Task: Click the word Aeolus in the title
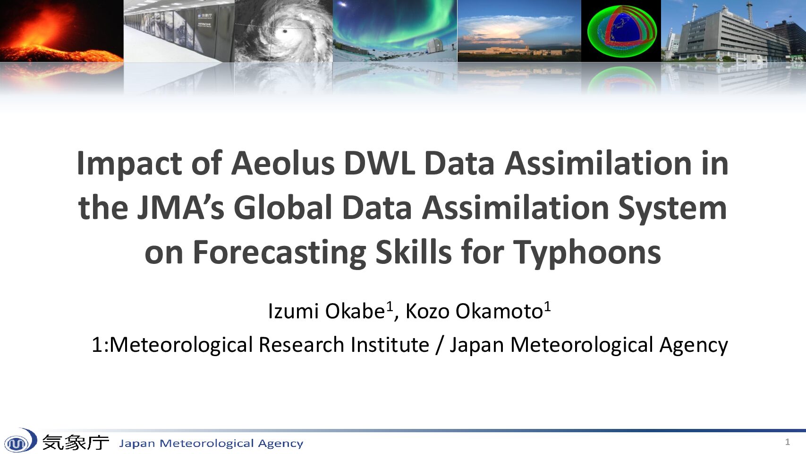tap(283, 164)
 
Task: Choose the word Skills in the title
tap(414, 252)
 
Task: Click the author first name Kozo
tap(427, 311)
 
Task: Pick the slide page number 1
tap(787, 442)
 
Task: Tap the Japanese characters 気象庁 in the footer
tap(76, 442)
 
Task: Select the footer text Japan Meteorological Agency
tap(211, 443)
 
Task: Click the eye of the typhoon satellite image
tap(285, 31)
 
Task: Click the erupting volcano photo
tap(61, 31)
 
